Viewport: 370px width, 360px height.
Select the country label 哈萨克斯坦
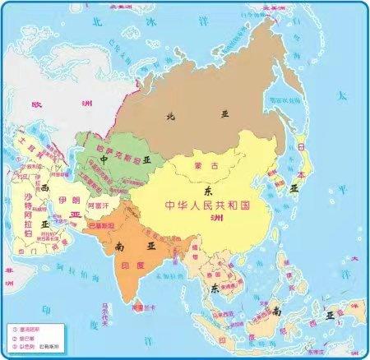coord(107,147)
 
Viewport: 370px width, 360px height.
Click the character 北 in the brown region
coord(172,117)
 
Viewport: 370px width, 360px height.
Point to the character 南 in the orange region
coord(121,245)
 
